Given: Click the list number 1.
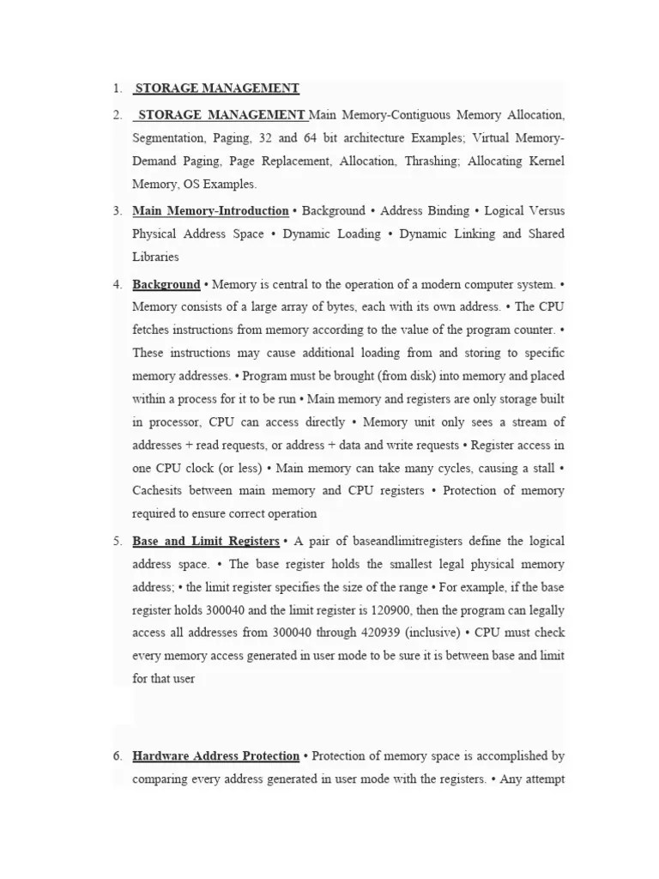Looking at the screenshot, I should pyautogui.click(x=116, y=88).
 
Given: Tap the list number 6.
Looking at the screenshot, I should pyautogui.click(x=117, y=756).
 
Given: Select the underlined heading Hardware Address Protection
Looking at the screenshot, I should pyautogui.click(x=215, y=756).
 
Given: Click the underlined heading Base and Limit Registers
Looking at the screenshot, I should pyautogui.click(x=205, y=542).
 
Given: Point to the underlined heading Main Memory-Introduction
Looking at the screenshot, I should pyautogui.click(x=210, y=210).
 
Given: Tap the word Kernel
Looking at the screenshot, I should pyautogui.click(x=544, y=161).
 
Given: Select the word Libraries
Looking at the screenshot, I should pyautogui.click(x=155, y=257).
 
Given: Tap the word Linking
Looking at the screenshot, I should pyautogui.click(x=475, y=233).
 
